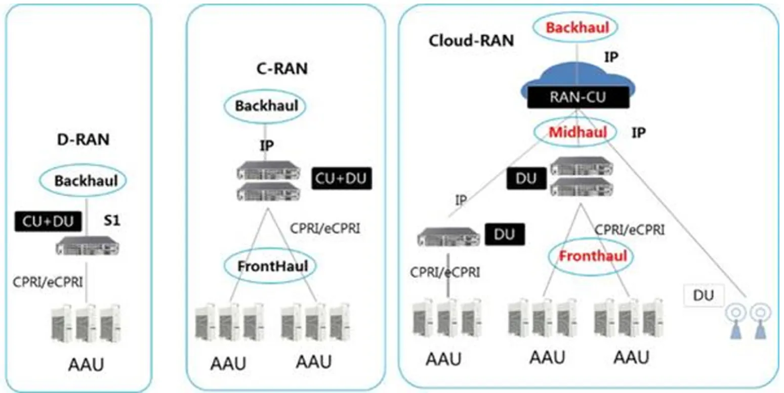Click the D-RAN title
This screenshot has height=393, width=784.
pos(84,140)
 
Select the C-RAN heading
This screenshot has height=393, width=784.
pos(282,68)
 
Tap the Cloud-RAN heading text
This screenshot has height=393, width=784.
pos(471,41)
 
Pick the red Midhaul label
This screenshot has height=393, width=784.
pos(578,132)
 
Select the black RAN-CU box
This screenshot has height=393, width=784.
pos(578,97)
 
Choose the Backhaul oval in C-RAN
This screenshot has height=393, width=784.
pos(265,91)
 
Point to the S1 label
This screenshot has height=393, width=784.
pos(112,221)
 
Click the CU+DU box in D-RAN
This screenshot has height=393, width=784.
pos(48,222)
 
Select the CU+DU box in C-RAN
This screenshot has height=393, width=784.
pos(341,179)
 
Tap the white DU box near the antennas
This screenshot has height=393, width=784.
pos(704,296)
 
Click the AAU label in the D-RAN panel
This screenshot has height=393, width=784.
pos(86,365)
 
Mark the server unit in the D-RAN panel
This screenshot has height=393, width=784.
pos(88,246)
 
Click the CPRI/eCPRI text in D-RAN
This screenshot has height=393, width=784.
pos(48,282)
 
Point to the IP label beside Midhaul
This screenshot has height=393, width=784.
pos(639,133)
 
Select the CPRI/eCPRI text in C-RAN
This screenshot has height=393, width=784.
pos(325,229)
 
